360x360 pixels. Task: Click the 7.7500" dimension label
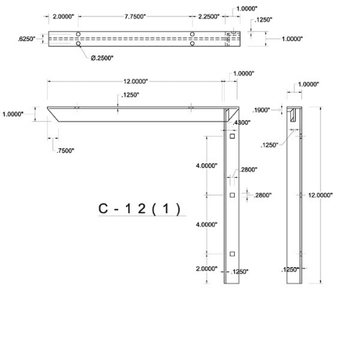[135, 16]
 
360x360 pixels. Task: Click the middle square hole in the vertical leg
[232, 195]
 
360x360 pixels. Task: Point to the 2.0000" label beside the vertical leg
[206, 269]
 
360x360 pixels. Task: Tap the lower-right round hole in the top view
[192, 44]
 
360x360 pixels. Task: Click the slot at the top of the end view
[297, 114]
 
